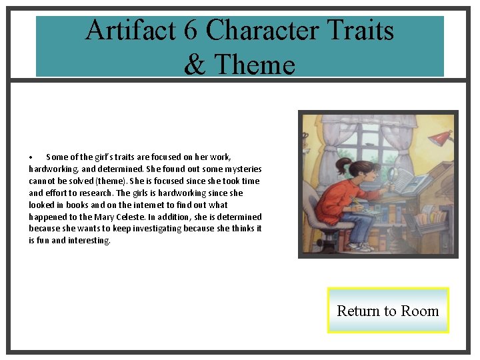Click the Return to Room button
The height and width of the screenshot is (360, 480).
click(x=387, y=311)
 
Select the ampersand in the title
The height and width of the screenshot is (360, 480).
click(x=195, y=65)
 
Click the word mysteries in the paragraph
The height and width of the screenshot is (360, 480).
click(x=241, y=169)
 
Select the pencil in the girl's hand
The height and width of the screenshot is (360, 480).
click(x=355, y=200)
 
